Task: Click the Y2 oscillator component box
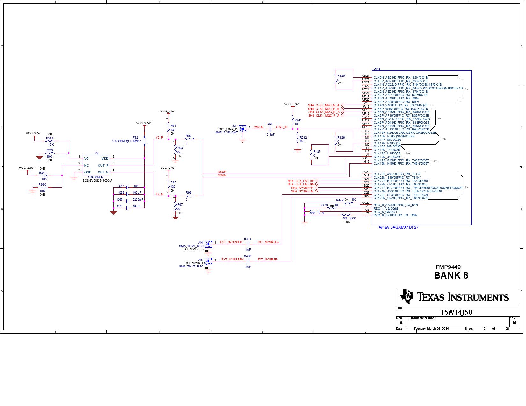click(96, 165)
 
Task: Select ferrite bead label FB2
click(135, 138)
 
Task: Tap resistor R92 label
click(189, 136)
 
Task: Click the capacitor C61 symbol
click(270, 129)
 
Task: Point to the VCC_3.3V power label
click(291, 104)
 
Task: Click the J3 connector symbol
click(243, 129)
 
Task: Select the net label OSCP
click(222, 172)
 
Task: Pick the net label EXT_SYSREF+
click(268, 242)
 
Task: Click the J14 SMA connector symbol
click(208, 244)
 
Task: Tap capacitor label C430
click(247, 256)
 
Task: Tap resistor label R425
click(341, 76)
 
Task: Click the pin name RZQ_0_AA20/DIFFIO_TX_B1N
click(395, 205)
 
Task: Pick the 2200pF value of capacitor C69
click(138, 200)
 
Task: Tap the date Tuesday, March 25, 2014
click(431, 329)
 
